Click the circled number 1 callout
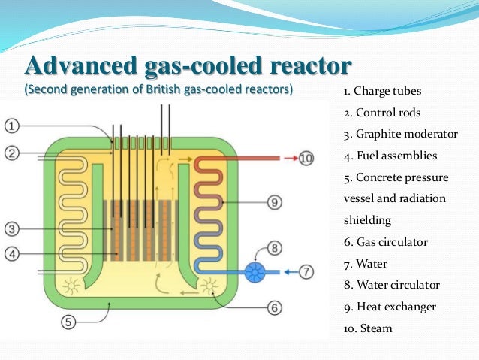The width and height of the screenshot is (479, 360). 14,125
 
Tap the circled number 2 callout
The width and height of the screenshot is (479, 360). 14,154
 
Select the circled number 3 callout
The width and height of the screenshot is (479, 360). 14,228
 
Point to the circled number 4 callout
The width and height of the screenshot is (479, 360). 14,254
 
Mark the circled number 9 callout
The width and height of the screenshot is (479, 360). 274,201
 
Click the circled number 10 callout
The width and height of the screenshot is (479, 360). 306,158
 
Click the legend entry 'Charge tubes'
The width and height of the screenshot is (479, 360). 387,92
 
